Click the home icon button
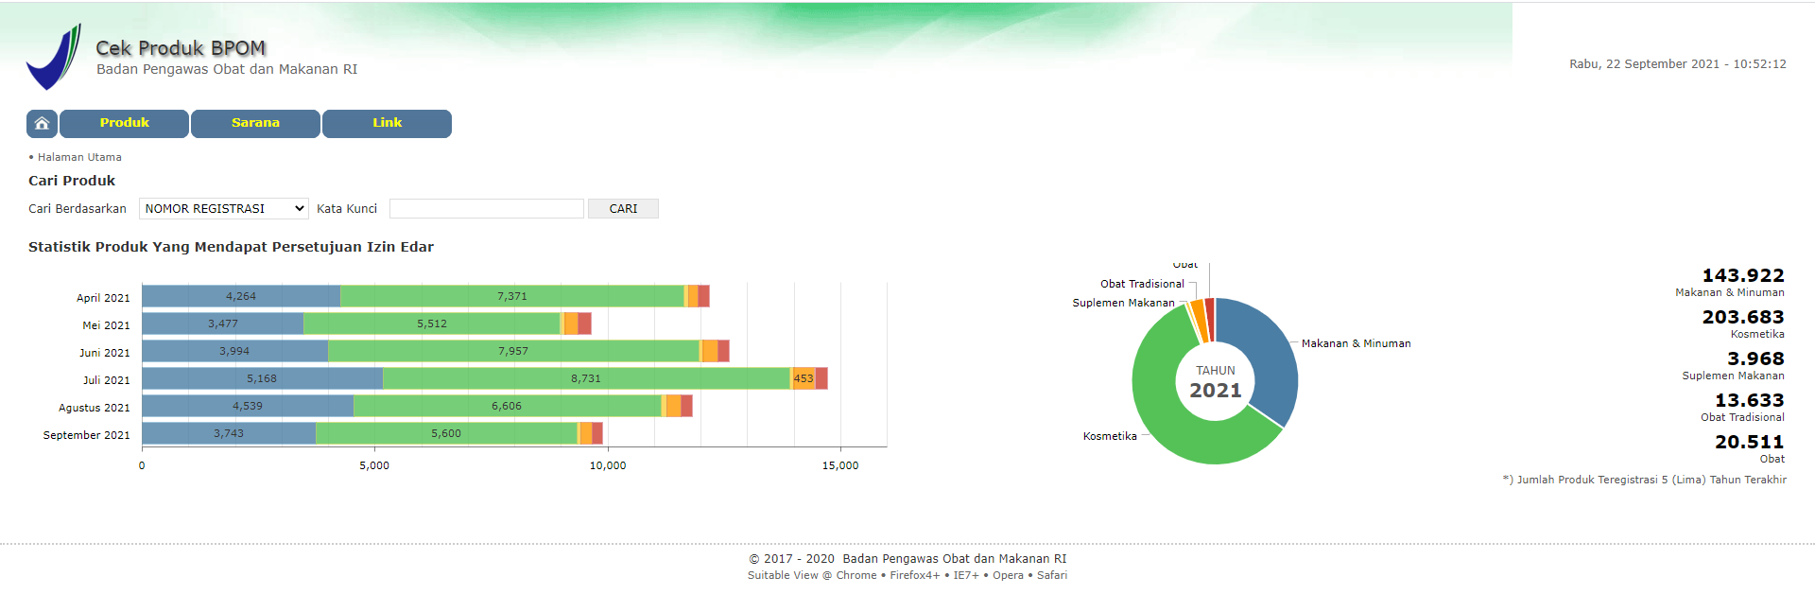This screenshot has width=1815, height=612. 42,123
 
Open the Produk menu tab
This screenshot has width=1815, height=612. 124,123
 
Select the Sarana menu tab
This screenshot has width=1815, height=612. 255,123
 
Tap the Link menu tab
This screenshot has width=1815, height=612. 387,123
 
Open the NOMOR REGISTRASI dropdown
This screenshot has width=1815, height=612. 224,209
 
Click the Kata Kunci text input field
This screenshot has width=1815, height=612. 486,209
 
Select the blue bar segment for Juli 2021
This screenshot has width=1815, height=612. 262,378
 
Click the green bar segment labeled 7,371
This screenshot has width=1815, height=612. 511,296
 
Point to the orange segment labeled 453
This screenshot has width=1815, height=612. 803,378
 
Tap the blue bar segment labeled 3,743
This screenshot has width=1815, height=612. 229,433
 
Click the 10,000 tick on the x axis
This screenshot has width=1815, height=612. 607,465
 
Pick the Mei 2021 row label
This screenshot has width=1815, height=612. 106,325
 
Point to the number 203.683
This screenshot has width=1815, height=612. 1742,318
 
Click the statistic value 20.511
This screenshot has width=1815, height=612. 1749,443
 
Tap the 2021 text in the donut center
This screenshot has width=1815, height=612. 1215,391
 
